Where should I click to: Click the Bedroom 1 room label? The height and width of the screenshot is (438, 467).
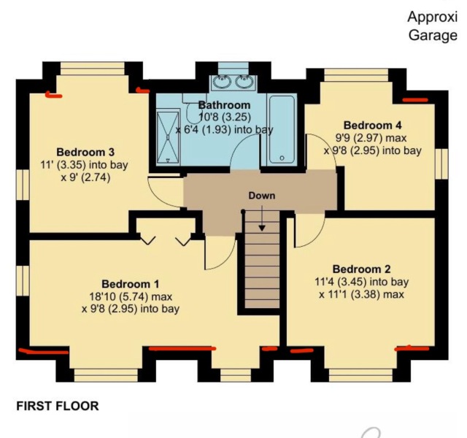click(130, 283)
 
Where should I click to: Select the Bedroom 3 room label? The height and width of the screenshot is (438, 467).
click(75, 152)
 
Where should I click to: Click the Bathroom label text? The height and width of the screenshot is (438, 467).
click(224, 105)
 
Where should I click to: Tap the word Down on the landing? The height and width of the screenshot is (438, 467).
click(261, 196)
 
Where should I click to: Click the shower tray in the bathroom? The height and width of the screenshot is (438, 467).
click(167, 135)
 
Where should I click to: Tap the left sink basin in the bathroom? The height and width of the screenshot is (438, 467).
click(222, 81)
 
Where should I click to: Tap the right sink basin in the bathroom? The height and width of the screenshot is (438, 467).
click(245, 81)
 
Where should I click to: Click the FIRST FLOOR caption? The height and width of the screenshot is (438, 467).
click(57, 405)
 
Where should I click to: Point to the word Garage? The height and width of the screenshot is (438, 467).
click(433, 35)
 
